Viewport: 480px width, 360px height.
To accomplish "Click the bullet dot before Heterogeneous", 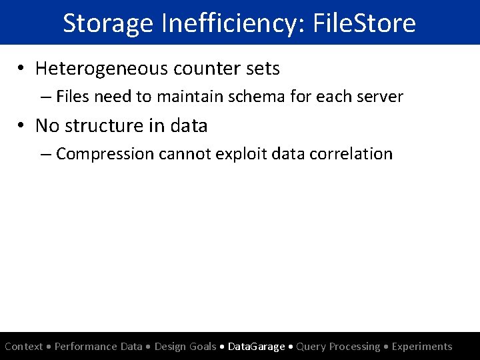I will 23,69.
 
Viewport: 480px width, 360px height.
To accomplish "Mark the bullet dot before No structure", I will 23,126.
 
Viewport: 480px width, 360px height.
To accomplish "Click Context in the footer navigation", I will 24,346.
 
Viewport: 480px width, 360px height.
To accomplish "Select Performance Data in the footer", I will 99,346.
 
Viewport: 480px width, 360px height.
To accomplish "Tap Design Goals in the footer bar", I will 185,346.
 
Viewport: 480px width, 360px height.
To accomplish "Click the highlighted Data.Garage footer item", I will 256,346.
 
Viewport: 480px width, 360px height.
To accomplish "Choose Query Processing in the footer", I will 338,346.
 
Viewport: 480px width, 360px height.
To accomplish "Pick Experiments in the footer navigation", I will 422,346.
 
